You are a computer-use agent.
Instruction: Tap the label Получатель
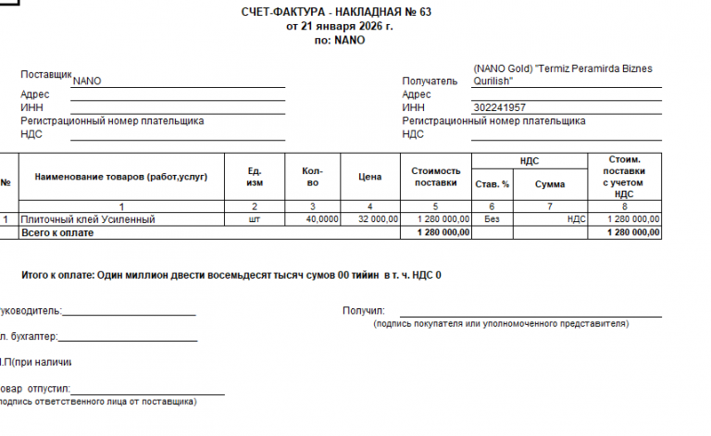(x=430, y=81)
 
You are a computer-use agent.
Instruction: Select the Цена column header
(x=370, y=176)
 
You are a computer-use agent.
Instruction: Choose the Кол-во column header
(x=313, y=176)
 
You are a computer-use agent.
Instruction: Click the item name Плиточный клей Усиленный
(x=89, y=219)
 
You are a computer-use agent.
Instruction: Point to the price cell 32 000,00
(x=377, y=219)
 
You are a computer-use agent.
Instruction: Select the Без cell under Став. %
(x=492, y=219)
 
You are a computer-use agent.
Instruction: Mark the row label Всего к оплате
(x=57, y=233)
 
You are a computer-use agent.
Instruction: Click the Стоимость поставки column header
(x=435, y=176)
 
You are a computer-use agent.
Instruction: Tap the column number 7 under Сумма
(x=550, y=206)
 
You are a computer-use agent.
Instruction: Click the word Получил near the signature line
(x=363, y=311)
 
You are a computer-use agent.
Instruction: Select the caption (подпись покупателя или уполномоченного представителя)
(x=501, y=324)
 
